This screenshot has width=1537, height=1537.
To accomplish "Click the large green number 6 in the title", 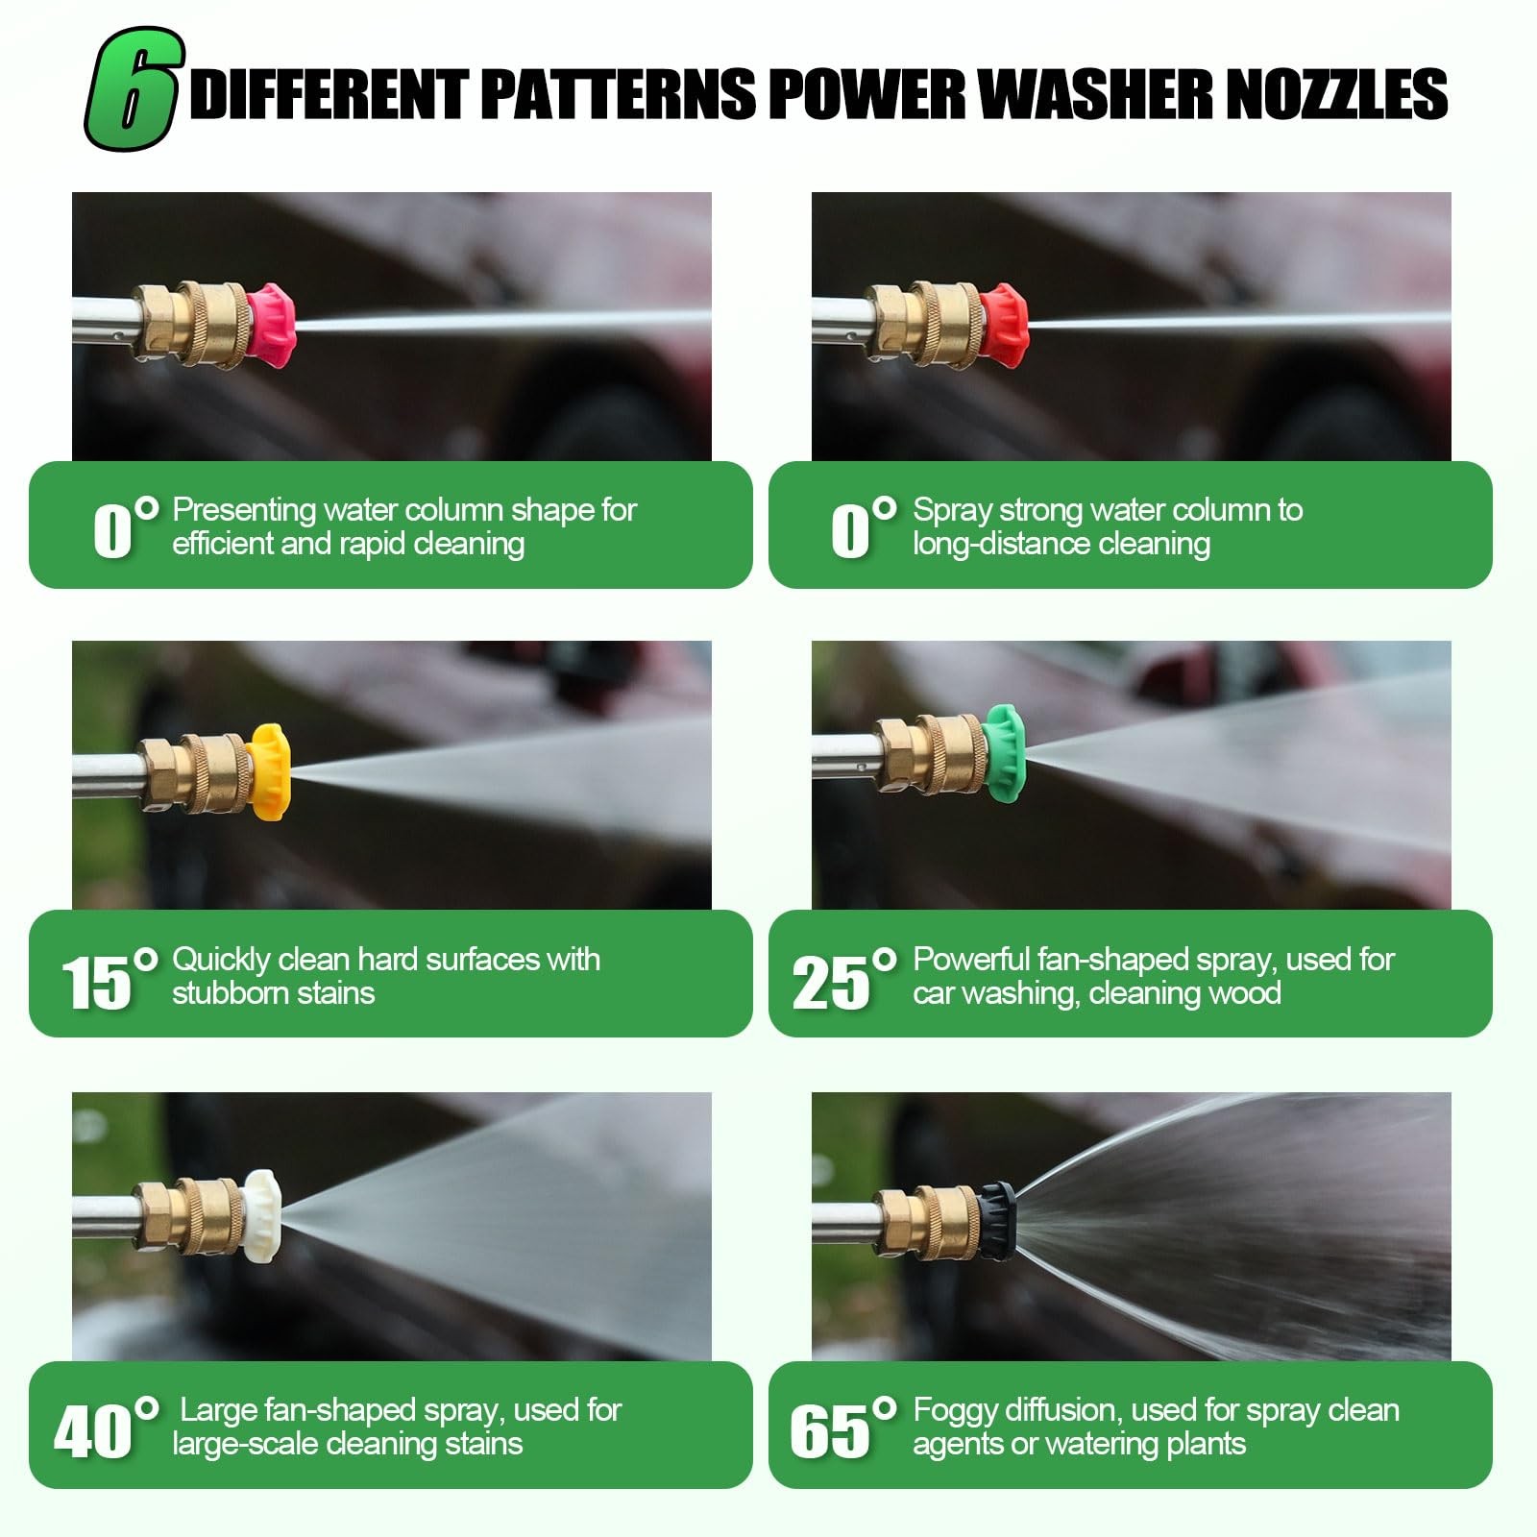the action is (x=134, y=89).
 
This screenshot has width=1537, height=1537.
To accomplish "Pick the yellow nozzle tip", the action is (x=268, y=771).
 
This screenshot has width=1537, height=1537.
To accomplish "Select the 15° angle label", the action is (x=109, y=979).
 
